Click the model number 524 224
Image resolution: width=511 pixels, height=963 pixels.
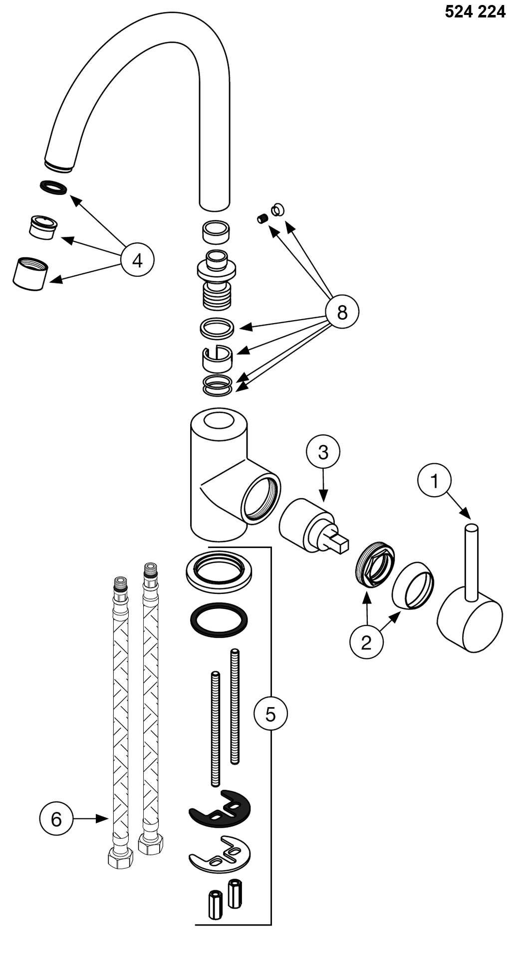coord(475,11)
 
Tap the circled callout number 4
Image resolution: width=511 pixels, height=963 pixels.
coord(137,260)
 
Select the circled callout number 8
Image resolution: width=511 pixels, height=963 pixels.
coord(342,312)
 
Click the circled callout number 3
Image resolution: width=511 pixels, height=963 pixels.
coord(323,452)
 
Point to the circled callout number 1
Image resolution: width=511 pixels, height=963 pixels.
coord(434,481)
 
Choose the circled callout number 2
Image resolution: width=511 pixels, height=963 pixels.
coord(366,642)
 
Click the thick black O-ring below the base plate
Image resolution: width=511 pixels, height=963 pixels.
coord(219,620)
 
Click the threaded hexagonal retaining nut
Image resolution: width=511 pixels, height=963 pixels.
coord(376,564)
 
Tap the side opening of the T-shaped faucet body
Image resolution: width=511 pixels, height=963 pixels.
coord(260,498)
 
